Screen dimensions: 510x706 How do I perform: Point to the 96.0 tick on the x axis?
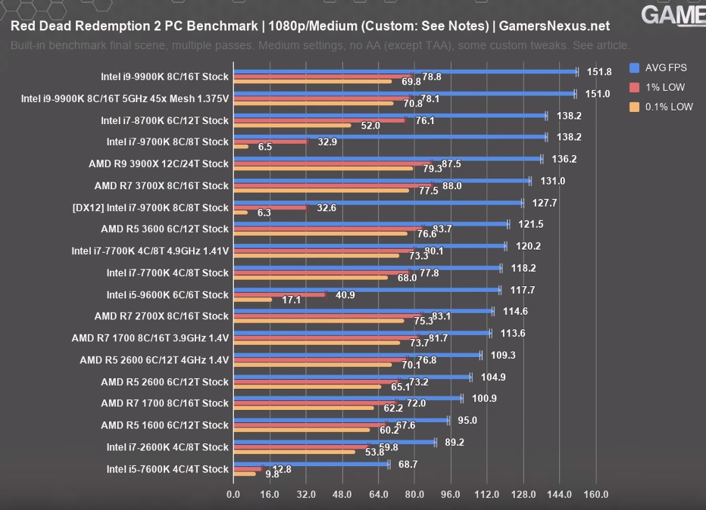click(x=451, y=495)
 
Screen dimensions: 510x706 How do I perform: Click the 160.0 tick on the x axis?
click(x=596, y=495)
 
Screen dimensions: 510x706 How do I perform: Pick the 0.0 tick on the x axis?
click(x=234, y=495)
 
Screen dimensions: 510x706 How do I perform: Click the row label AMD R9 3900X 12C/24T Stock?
click(x=158, y=163)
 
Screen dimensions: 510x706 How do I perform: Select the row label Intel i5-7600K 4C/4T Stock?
click(x=167, y=469)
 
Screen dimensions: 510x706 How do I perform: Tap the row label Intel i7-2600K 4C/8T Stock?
click(x=167, y=447)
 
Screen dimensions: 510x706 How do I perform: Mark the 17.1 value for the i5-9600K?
click(x=291, y=300)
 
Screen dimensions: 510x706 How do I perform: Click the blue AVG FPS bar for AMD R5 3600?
click(x=370, y=224)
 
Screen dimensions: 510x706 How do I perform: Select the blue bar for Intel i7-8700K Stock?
click(x=389, y=116)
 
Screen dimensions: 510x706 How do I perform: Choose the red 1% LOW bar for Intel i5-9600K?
click(x=280, y=294)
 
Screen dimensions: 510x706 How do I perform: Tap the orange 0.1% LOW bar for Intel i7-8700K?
click(x=292, y=126)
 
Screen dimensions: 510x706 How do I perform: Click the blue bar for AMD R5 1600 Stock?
click(x=341, y=420)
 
